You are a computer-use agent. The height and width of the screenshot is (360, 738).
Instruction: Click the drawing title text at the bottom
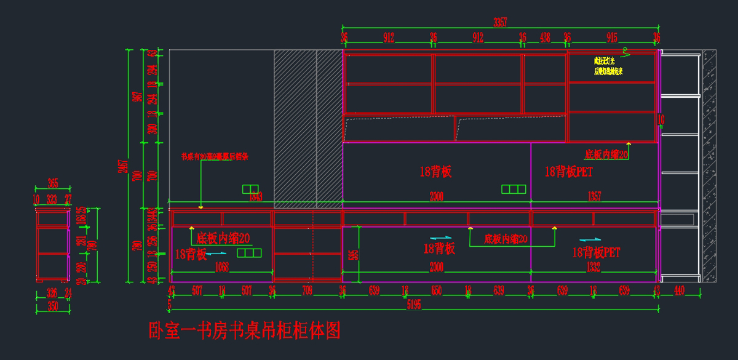pos(244,331)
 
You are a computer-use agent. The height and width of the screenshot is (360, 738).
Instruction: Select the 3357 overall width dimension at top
pos(500,23)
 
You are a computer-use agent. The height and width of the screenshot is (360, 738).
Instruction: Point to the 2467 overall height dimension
pos(125,166)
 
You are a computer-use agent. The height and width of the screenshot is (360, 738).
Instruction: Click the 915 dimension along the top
pos(611,38)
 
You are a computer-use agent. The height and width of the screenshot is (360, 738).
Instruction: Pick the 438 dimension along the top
pos(545,38)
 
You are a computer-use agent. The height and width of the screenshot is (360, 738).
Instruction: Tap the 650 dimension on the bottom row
pos(436,290)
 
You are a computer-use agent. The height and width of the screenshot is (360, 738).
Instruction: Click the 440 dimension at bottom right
pos(679,290)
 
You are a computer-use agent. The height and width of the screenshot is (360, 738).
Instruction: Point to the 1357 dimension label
pos(594,197)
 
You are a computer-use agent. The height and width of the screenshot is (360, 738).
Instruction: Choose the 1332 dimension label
pos(593,267)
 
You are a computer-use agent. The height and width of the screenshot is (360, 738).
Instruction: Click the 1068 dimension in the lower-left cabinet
pos(222,267)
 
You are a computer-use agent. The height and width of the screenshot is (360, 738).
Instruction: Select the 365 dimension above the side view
pos(52,183)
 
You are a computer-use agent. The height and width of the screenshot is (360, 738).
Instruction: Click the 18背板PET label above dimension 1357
pos(568,172)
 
